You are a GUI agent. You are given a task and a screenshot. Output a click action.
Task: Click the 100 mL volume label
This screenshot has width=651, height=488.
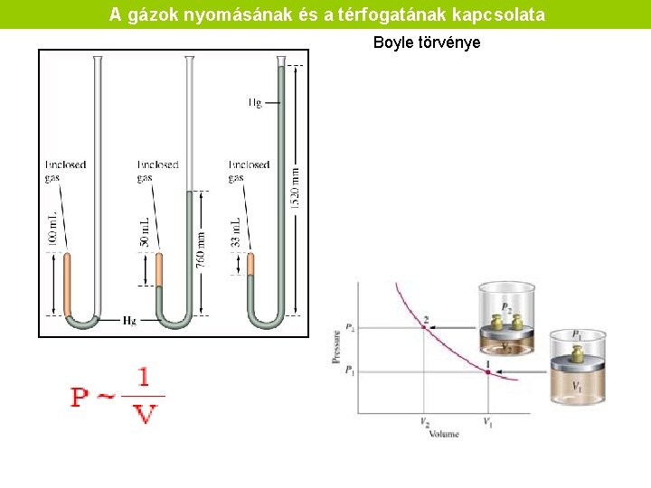pos(52,230)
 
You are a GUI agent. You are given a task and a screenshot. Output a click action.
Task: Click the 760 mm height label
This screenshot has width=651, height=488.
pos(201,245)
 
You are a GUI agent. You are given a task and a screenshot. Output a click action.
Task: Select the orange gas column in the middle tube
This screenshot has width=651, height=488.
pos(159,269)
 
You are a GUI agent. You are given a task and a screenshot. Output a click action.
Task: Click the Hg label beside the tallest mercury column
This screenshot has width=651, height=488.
pos(256,103)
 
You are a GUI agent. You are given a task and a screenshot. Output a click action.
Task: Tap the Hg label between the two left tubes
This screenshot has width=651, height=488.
pos(130,321)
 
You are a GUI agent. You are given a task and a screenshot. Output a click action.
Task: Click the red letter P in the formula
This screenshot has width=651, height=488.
pos(81,396)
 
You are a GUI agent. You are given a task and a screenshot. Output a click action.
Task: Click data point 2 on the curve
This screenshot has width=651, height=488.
pos(425,326)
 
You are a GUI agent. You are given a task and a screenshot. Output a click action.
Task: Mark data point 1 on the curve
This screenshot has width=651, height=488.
pos(486,371)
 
